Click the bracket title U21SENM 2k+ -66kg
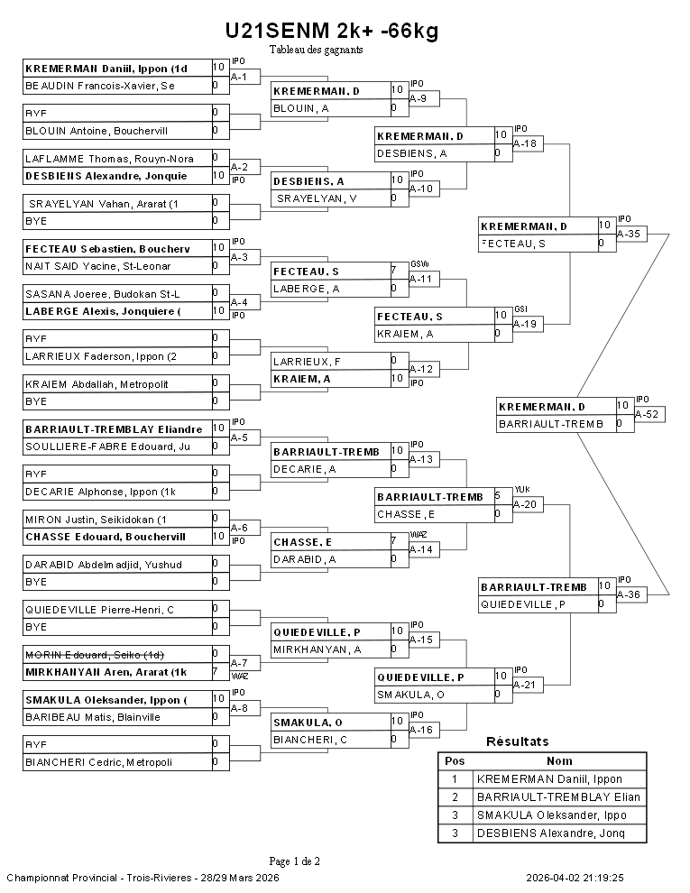click(x=332, y=32)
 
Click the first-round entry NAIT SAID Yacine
click(x=98, y=266)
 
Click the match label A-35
click(x=629, y=234)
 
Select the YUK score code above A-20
click(x=521, y=489)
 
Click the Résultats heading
click(x=517, y=741)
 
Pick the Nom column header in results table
click(x=559, y=760)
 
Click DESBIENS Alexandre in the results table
click(x=557, y=833)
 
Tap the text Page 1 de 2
click(x=294, y=861)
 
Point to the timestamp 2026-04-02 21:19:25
click(x=575, y=877)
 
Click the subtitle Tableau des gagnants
click(x=316, y=50)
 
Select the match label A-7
click(x=239, y=663)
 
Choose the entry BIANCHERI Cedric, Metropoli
click(x=98, y=762)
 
